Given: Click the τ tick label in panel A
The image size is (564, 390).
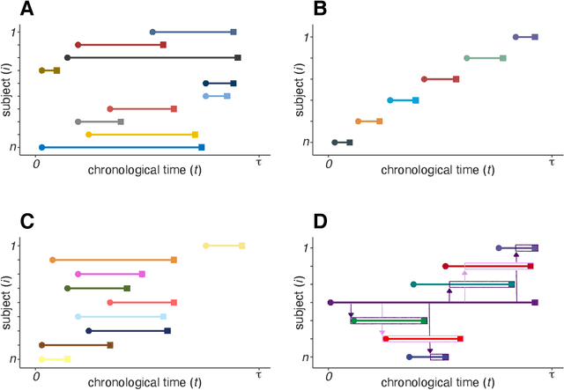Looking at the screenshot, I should click(x=258, y=161).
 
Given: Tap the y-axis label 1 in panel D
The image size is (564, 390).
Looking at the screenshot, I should click(x=306, y=248).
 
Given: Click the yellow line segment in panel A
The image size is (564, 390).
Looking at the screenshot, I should click(x=141, y=135).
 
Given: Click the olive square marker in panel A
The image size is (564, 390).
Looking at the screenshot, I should click(x=56, y=70).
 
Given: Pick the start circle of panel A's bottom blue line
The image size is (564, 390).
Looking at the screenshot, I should click(x=41, y=147).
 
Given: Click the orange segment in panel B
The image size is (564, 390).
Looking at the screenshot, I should click(x=369, y=121).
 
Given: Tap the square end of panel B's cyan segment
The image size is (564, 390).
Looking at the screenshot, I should click(x=415, y=100).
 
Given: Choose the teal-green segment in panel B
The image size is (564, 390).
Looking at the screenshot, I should click(x=486, y=58).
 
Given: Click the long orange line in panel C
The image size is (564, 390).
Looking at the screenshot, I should click(x=113, y=260).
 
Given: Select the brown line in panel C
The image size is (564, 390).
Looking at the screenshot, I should click(x=75, y=345).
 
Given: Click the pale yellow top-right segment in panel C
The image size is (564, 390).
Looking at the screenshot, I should click(x=224, y=246).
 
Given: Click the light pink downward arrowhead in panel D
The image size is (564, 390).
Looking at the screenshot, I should click(x=382, y=333).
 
